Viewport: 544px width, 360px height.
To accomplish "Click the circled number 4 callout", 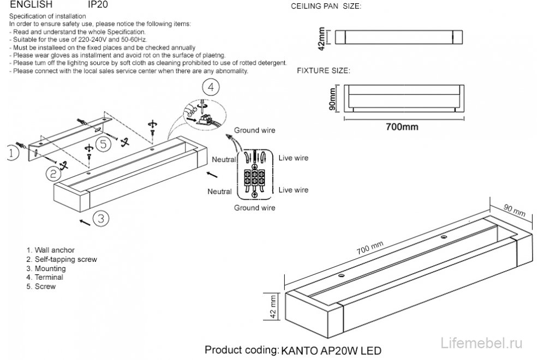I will pyautogui.click(x=212, y=87).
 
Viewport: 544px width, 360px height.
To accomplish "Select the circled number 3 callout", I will pyautogui.click(x=100, y=218).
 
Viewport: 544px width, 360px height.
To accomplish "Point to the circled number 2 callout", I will pyautogui.click(x=53, y=174).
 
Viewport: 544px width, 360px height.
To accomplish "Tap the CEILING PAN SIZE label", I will pyautogui.click(x=326, y=7).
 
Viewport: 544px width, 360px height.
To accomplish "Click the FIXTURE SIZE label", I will pyautogui.click(x=323, y=71).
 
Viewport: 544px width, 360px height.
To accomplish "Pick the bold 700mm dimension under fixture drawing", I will pyautogui.click(x=402, y=127).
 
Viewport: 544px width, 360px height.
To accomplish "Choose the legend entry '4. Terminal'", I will pyautogui.click(x=45, y=277).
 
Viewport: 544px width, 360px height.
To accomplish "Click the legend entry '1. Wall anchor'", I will pyautogui.click(x=51, y=250).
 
